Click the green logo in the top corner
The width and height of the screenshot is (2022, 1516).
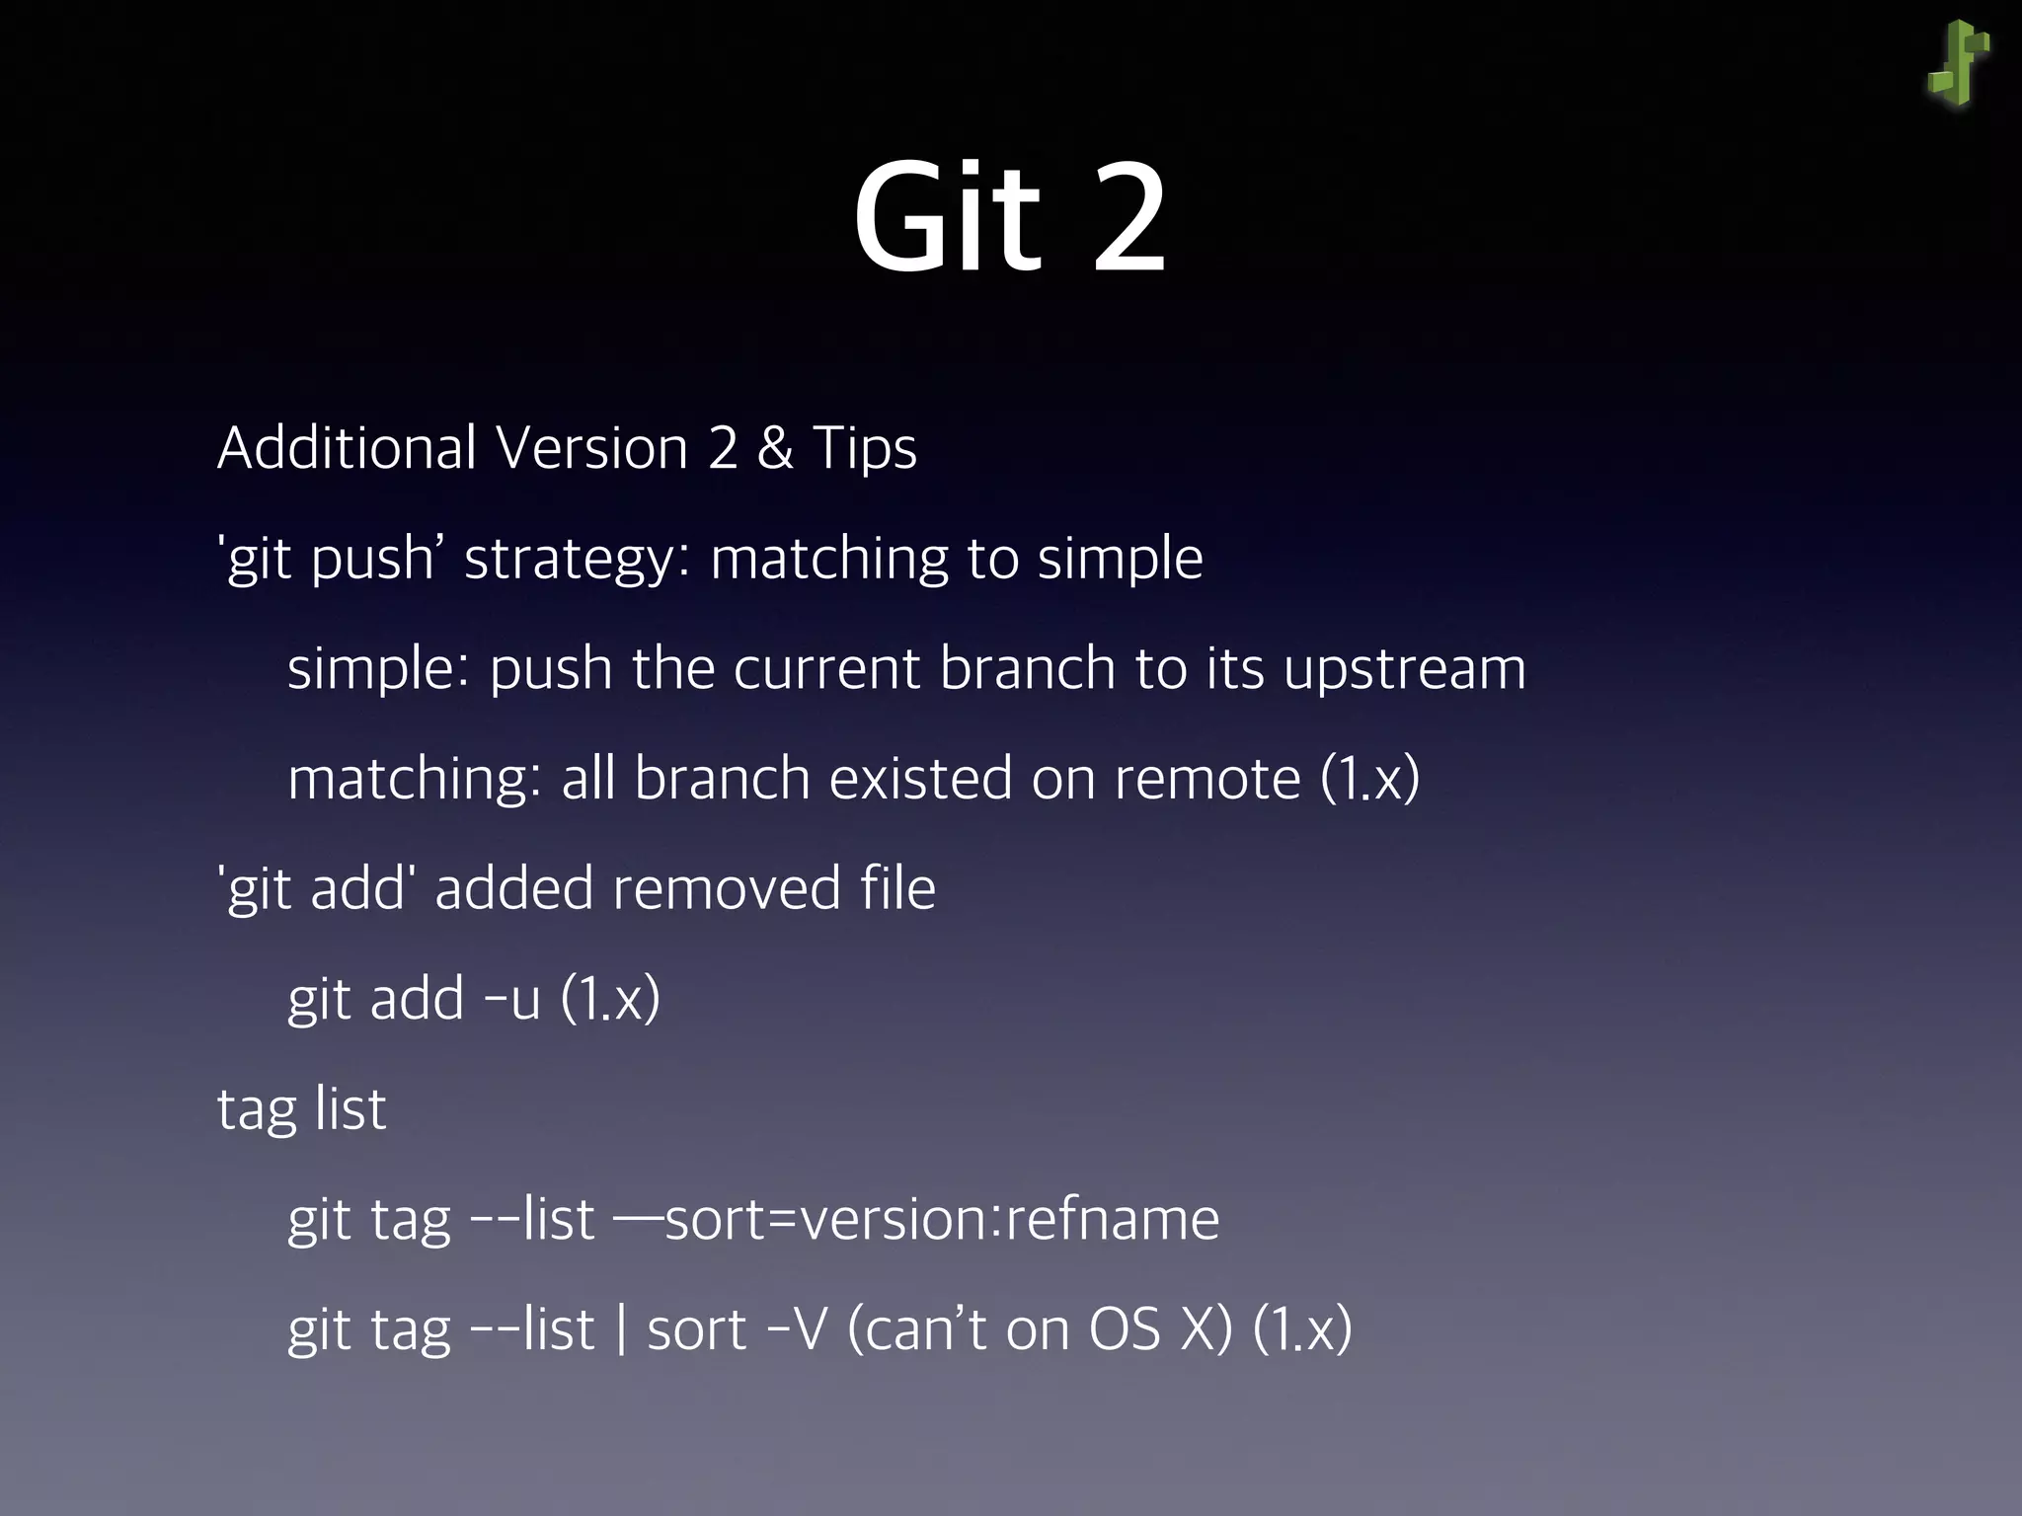pos(1958,64)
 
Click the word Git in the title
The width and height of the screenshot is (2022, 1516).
pos(947,219)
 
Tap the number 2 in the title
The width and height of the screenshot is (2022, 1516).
pos(1129,219)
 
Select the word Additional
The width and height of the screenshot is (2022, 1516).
pos(348,448)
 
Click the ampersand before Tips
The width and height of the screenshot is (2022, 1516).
pos(775,448)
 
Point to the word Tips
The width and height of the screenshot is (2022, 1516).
pos(865,450)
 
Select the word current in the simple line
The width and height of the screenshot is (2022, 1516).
pos(826,669)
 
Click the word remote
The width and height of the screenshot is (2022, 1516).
pos(1207,779)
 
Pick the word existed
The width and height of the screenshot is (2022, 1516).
pos(920,779)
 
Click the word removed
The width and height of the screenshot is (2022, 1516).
pos(726,888)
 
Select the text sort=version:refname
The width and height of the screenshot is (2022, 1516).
pos(942,1220)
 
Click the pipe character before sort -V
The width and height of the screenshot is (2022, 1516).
pos(620,1329)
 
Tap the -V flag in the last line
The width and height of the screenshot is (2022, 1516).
pos(797,1329)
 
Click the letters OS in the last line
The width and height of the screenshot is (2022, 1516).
pos(1125,1329)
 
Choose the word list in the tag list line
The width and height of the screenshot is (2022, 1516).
pos(350,1109)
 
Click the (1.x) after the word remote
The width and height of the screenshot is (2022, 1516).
pos(1370,779)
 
